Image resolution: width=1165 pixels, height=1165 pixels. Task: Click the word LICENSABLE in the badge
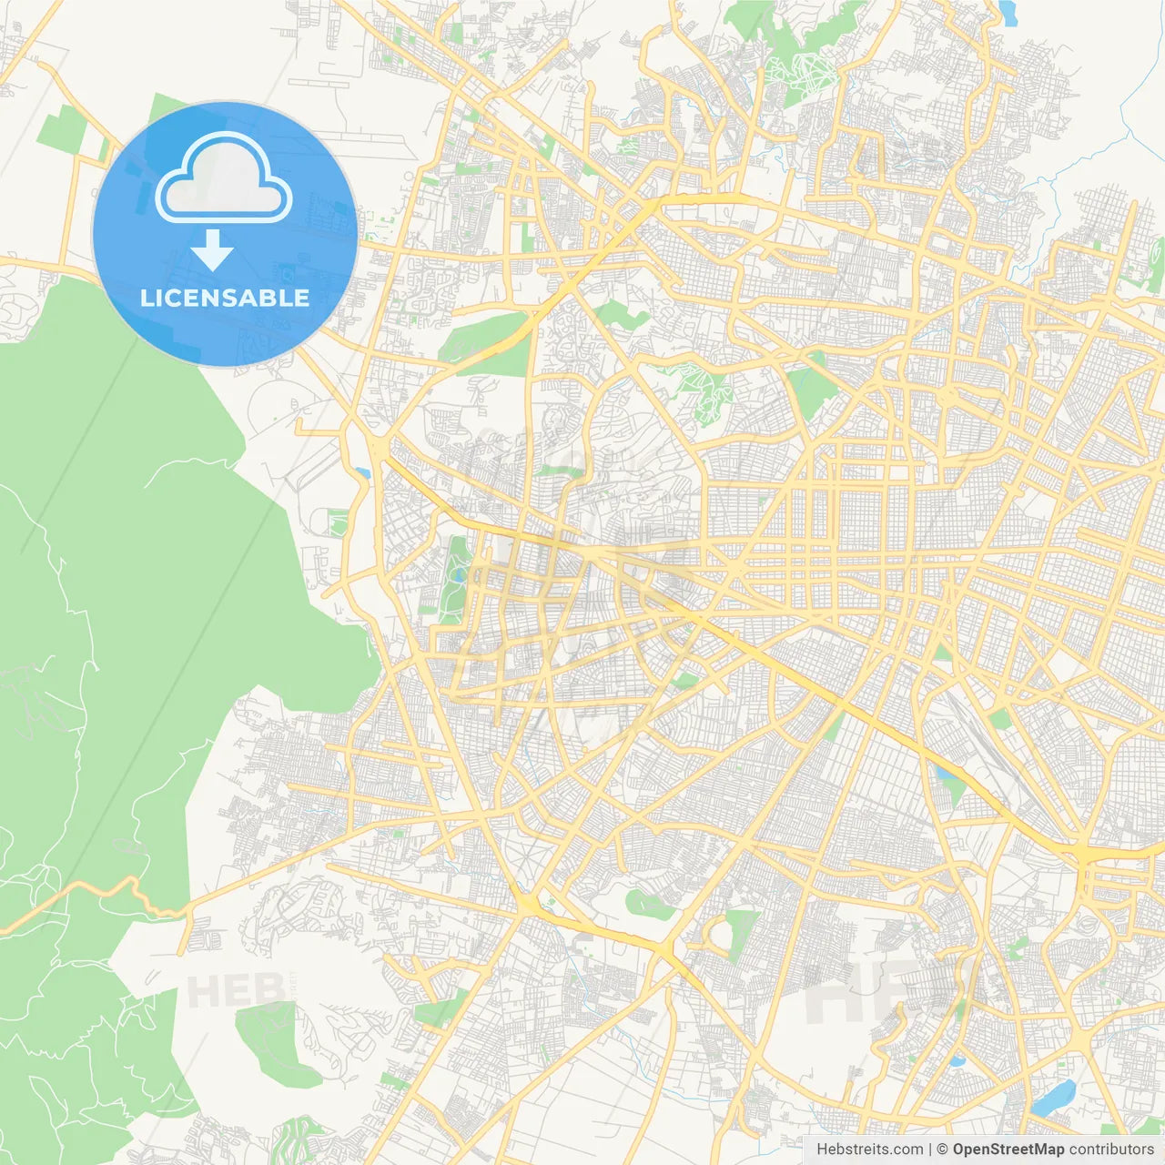224,298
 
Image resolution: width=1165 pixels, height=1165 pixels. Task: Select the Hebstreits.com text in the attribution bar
870,1150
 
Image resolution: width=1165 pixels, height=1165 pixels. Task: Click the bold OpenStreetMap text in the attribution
1008,1150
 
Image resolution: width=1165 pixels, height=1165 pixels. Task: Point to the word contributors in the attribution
1111,1150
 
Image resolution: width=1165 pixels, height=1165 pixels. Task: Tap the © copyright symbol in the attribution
943,1150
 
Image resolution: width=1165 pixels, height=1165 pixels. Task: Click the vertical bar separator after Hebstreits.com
931,1150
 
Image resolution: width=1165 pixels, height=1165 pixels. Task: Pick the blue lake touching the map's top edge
1007,11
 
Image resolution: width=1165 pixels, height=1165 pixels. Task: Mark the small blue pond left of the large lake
956,1060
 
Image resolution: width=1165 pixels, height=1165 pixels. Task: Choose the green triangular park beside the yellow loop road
742,934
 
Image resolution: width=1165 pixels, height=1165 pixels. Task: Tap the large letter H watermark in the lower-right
837,992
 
